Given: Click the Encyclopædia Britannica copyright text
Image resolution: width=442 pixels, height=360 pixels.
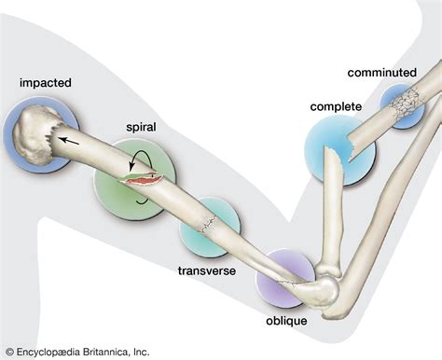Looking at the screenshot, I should click(76, 352).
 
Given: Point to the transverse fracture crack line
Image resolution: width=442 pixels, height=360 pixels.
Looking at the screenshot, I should click(209, 224).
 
